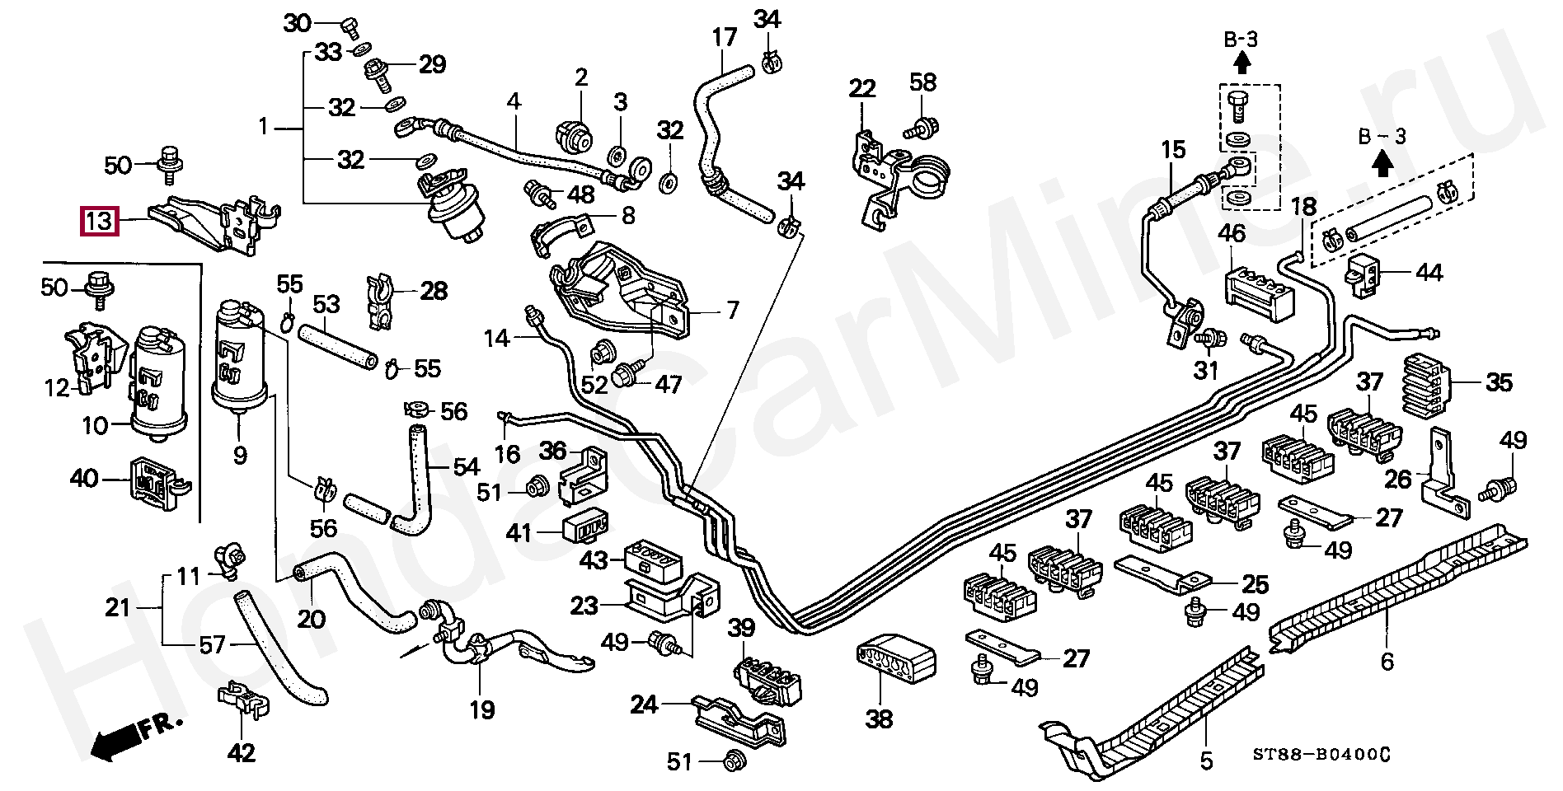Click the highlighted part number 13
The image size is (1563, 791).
coord(99,221)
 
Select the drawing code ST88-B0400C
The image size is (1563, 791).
coord(1321,755)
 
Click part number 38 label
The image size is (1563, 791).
coord(879,719)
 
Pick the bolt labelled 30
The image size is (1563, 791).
coord(350,28)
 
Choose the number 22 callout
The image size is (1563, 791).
coord(862,88)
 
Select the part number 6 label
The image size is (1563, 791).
coord(1387,661)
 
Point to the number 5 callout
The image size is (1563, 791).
coord(1206,761)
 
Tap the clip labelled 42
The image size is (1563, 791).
coord(243,700)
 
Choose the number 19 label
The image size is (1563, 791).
coord(482,709)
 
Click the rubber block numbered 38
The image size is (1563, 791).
coord(895,658)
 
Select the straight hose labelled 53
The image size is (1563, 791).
coord(338,348)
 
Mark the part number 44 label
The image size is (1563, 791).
coord(1429,273)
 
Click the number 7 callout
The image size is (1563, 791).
coord(732,311)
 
